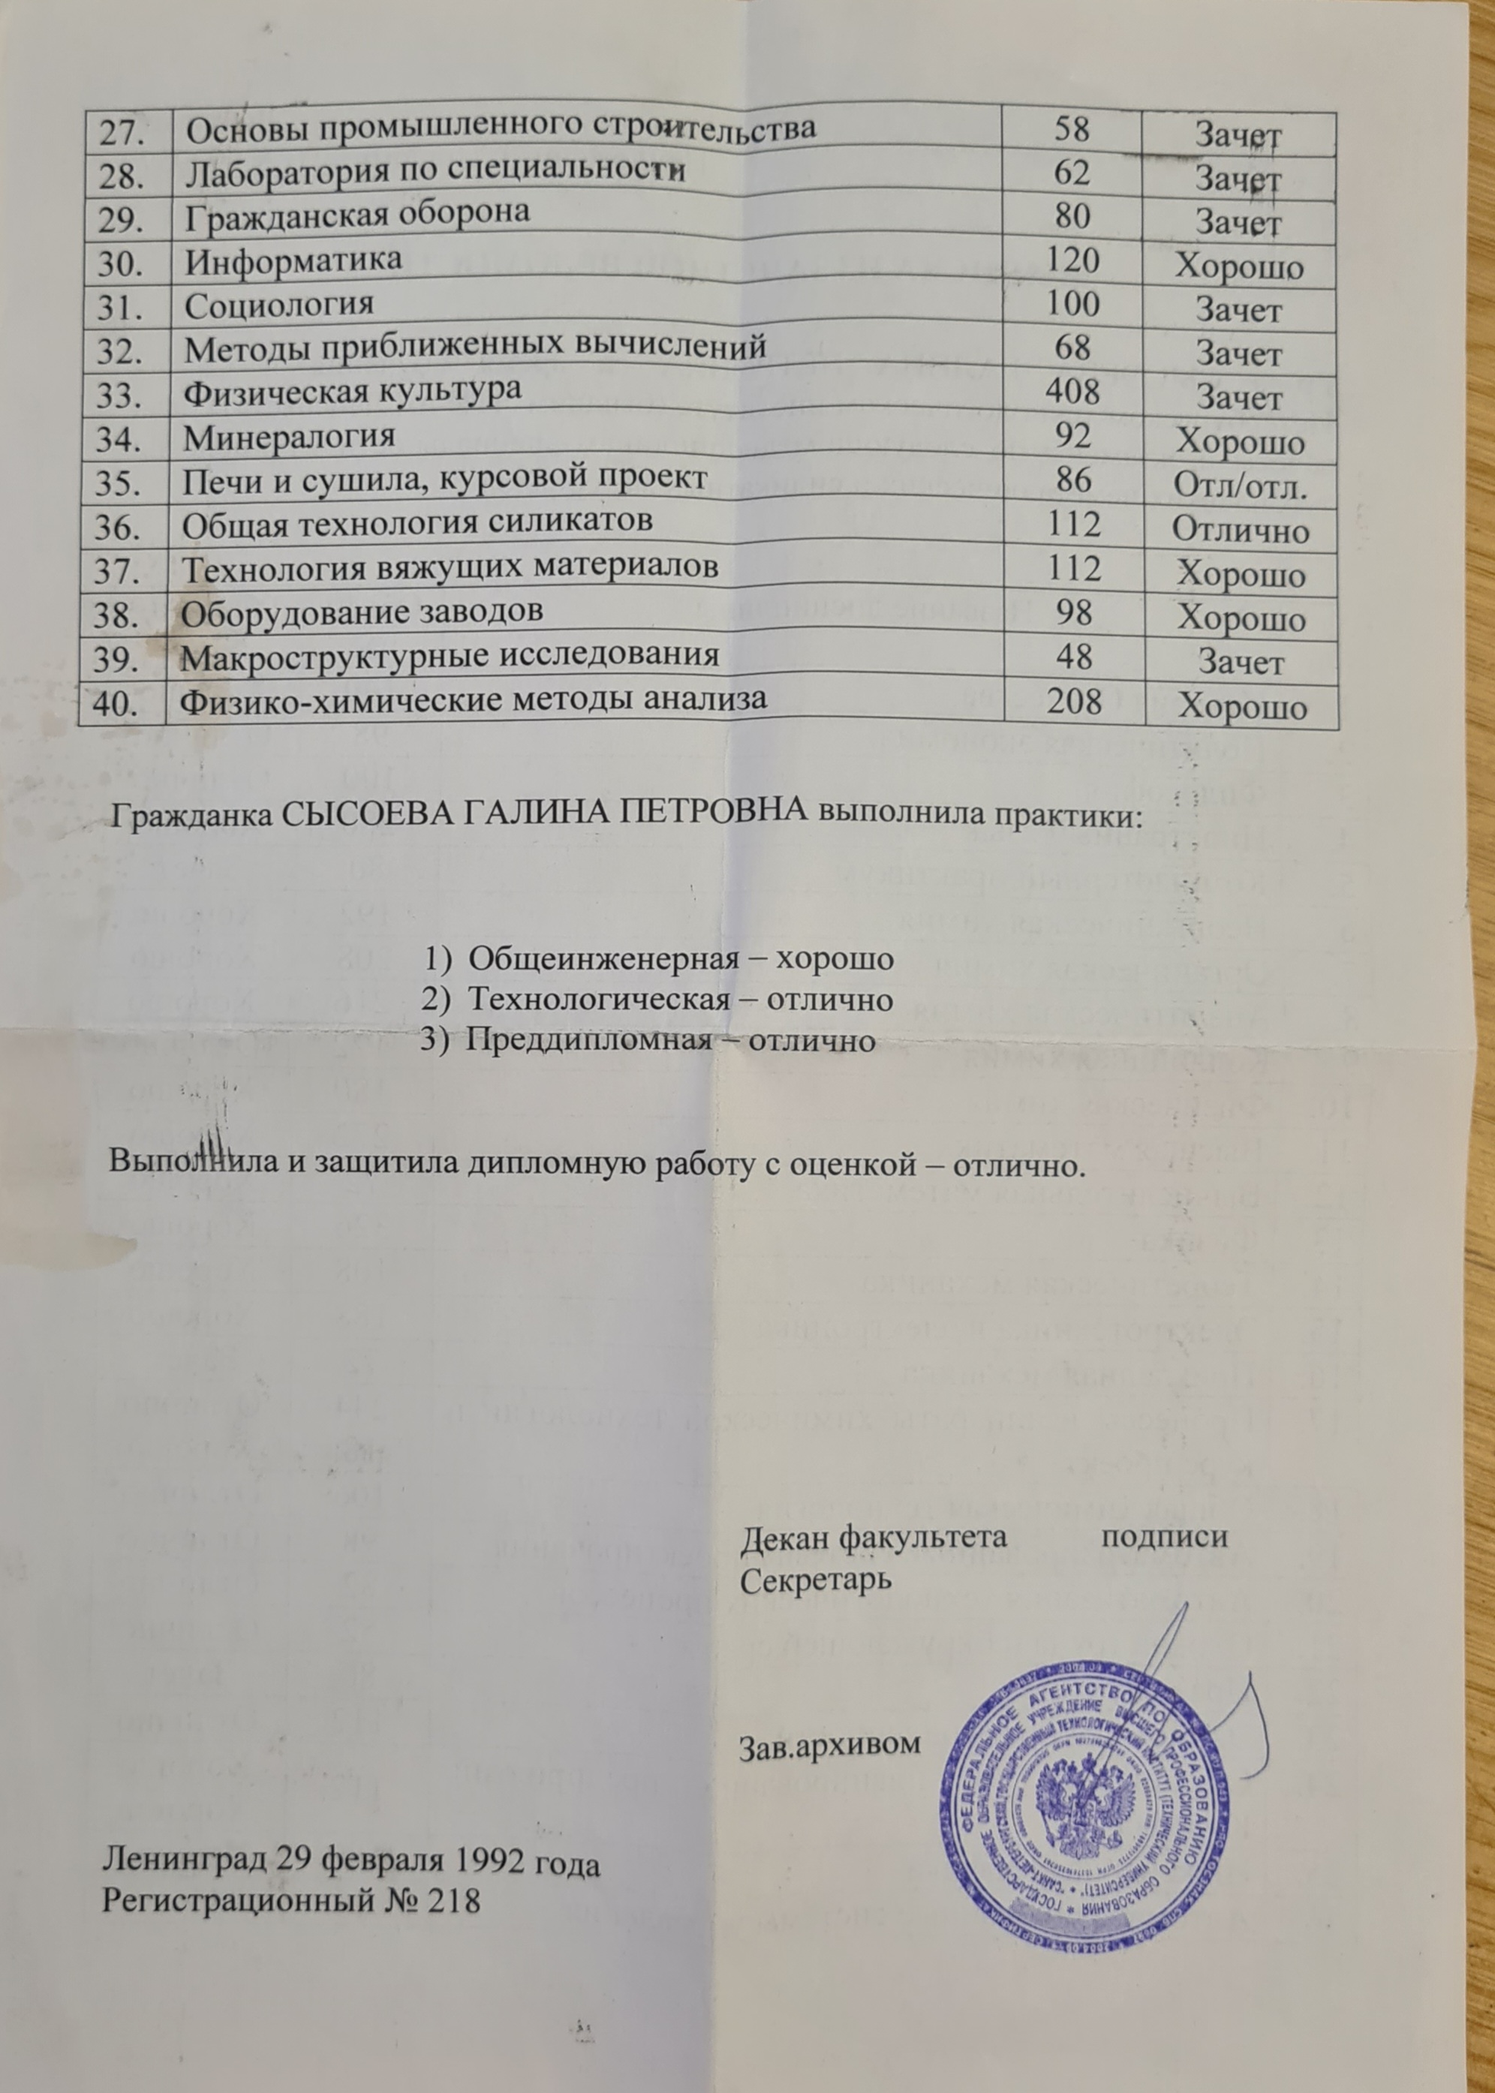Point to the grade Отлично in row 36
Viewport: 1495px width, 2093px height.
[x=1241, y=531]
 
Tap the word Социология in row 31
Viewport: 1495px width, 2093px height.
[x=279, y=305]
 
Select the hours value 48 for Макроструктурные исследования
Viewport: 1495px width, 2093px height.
[x=1074, y=657]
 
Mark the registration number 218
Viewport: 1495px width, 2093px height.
[x=450, y=1881]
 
